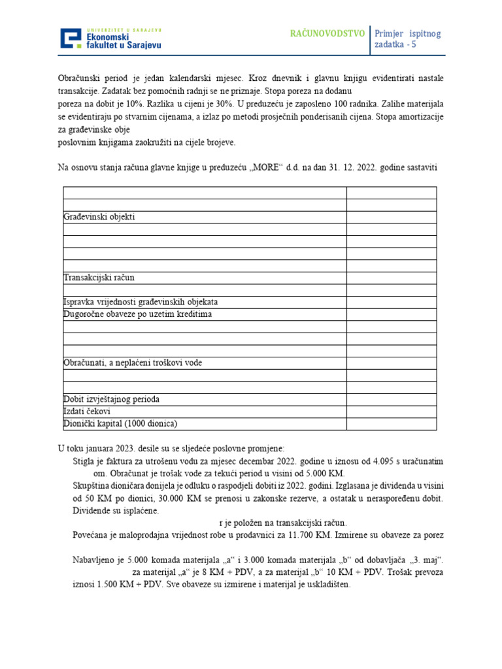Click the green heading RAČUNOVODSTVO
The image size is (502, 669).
(x=327, y=33)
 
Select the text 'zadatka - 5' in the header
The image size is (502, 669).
(x=395, y=45)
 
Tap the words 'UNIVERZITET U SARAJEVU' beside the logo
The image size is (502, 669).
(x=124, y=30)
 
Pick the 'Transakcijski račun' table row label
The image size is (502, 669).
(x=99, y=278)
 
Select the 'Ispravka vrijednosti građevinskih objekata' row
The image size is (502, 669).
(x=141, y=302)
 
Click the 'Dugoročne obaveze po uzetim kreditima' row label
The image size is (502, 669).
(x=137, y=314)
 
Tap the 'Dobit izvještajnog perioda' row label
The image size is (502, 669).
(x=111, y=399)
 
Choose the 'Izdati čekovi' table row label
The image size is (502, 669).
(x=87, y=412)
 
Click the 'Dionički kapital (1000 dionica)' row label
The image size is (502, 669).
(x=120, y=423)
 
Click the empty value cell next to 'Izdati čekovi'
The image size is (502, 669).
(x=391, y=412)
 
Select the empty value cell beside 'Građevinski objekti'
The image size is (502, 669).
(x=391, y=217)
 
